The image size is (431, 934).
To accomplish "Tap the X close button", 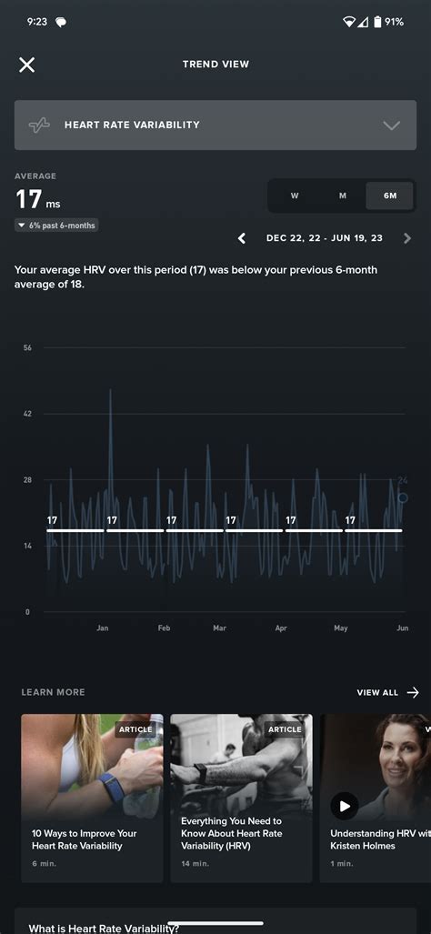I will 27,65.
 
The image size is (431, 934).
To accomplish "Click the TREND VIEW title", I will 215,65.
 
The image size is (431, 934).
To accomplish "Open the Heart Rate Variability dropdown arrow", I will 391,126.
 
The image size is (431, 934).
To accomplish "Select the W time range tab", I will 295,196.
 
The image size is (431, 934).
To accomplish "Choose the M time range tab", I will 343,196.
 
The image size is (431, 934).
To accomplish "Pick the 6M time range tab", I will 390,196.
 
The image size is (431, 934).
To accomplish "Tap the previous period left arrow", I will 242,238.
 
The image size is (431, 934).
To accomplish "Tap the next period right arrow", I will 406,238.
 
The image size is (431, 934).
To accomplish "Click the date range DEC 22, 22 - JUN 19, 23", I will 324,238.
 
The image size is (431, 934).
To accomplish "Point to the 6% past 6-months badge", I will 57,225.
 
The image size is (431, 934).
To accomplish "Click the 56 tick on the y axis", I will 27,348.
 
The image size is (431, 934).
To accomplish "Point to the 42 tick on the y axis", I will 27,414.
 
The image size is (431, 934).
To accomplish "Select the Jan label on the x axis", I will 103,628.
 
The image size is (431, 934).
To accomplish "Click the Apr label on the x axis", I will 281,628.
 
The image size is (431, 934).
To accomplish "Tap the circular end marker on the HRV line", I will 403,497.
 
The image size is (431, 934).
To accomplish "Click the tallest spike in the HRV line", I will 111,391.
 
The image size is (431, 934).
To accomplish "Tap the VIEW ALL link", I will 387,692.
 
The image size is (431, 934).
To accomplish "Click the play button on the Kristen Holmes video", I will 344,805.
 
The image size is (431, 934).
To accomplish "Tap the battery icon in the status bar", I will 377,21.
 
